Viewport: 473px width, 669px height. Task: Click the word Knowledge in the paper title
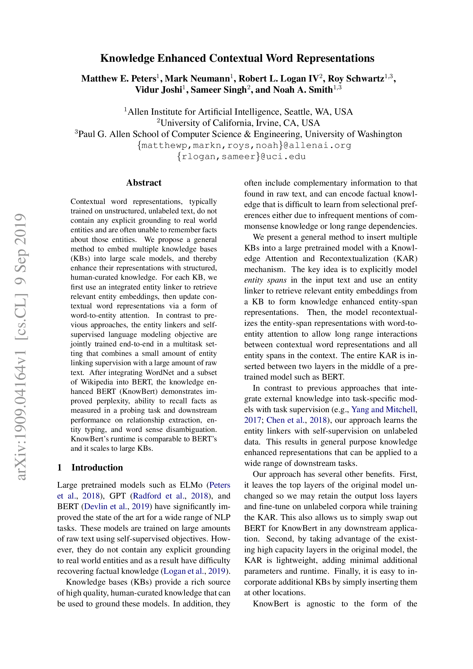127,58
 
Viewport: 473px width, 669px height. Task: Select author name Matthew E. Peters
119,79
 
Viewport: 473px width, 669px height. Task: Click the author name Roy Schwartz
356,79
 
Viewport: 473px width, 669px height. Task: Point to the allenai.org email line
244,145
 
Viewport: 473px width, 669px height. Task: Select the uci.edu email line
241,156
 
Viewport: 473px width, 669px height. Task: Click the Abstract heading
144,183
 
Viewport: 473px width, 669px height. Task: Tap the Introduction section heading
97,467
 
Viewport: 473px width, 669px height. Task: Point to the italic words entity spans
265,280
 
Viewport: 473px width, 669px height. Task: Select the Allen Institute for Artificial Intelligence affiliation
240,112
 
